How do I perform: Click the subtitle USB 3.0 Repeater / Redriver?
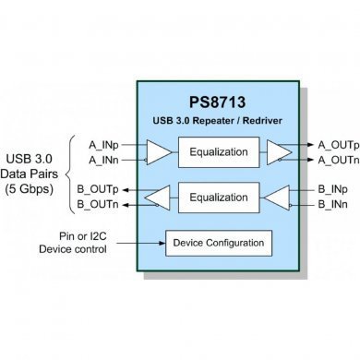click(x=219, y=120)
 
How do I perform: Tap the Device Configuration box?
click(x=219, y=244)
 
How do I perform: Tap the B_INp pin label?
click(x=332, y=188)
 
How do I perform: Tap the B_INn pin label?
click(x=332, y=203)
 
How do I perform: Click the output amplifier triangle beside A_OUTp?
click(x=277, y=152)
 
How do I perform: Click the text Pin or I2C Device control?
click(x=73, y=242)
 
